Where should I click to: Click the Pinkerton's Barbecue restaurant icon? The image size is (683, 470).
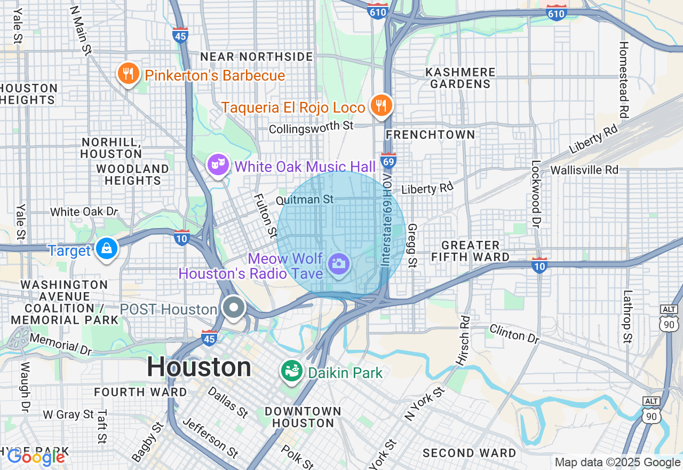(128, 74)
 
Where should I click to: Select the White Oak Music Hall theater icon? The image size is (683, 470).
(218, 165)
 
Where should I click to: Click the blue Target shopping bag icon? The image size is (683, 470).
(107, 249)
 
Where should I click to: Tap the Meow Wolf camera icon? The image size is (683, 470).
(338, 263)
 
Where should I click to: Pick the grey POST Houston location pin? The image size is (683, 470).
(234, 308)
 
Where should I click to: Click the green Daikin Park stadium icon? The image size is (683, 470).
(292, 372)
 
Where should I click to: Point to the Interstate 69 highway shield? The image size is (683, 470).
(388, 160)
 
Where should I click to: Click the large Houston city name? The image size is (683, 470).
(199, 367)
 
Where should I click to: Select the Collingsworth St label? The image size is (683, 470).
(312, 128)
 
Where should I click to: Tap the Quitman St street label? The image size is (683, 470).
(305, 200)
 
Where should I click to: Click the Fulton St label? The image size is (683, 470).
(265, 215)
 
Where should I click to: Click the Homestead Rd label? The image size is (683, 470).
(623, 80)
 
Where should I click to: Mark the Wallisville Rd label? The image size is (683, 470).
(584, 170)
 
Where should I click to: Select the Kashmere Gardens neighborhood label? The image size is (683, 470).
(460, 78)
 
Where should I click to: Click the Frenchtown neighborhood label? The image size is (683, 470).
(430, 135)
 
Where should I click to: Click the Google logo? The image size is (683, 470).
(36, 457)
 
